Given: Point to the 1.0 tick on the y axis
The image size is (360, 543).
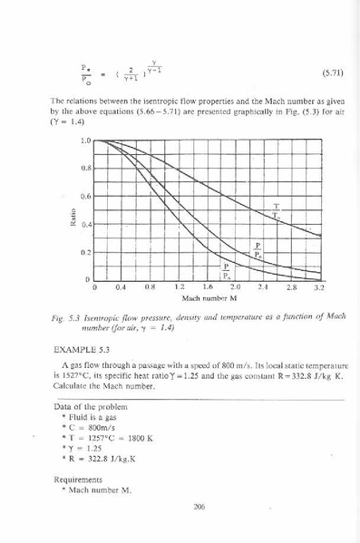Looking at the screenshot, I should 85,141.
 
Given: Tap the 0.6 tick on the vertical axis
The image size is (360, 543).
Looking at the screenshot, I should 85,196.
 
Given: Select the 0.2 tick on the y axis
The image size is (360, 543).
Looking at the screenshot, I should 85,252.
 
